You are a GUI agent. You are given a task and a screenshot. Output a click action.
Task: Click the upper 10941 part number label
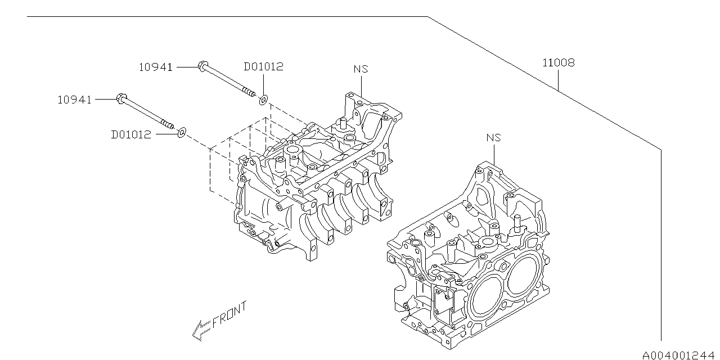click(x=156, y=67)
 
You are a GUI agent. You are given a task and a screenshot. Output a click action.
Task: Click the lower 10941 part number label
click(x=74, y=100)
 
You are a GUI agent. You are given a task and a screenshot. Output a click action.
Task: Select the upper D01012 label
click(x=263, y=66)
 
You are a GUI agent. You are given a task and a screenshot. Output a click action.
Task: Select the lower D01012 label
click(x=131, y=135)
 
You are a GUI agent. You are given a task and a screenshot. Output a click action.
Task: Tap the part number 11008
click(x=558, y=62)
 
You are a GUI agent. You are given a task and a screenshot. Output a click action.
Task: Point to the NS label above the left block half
click(x=361, y=69)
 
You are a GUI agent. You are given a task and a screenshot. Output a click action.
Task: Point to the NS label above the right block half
click(x=493, y=137)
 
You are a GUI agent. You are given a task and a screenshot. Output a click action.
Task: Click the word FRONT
click(x=229, y=316)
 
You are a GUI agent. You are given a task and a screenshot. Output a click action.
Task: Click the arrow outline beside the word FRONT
click(x=200, y=330)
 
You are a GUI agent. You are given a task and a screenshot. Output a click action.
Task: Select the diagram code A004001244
click(x=681, y=354)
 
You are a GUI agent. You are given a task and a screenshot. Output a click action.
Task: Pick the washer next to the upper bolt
click(x=263, y=100)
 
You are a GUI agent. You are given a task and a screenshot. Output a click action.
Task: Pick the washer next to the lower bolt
click(x=181, y=133)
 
